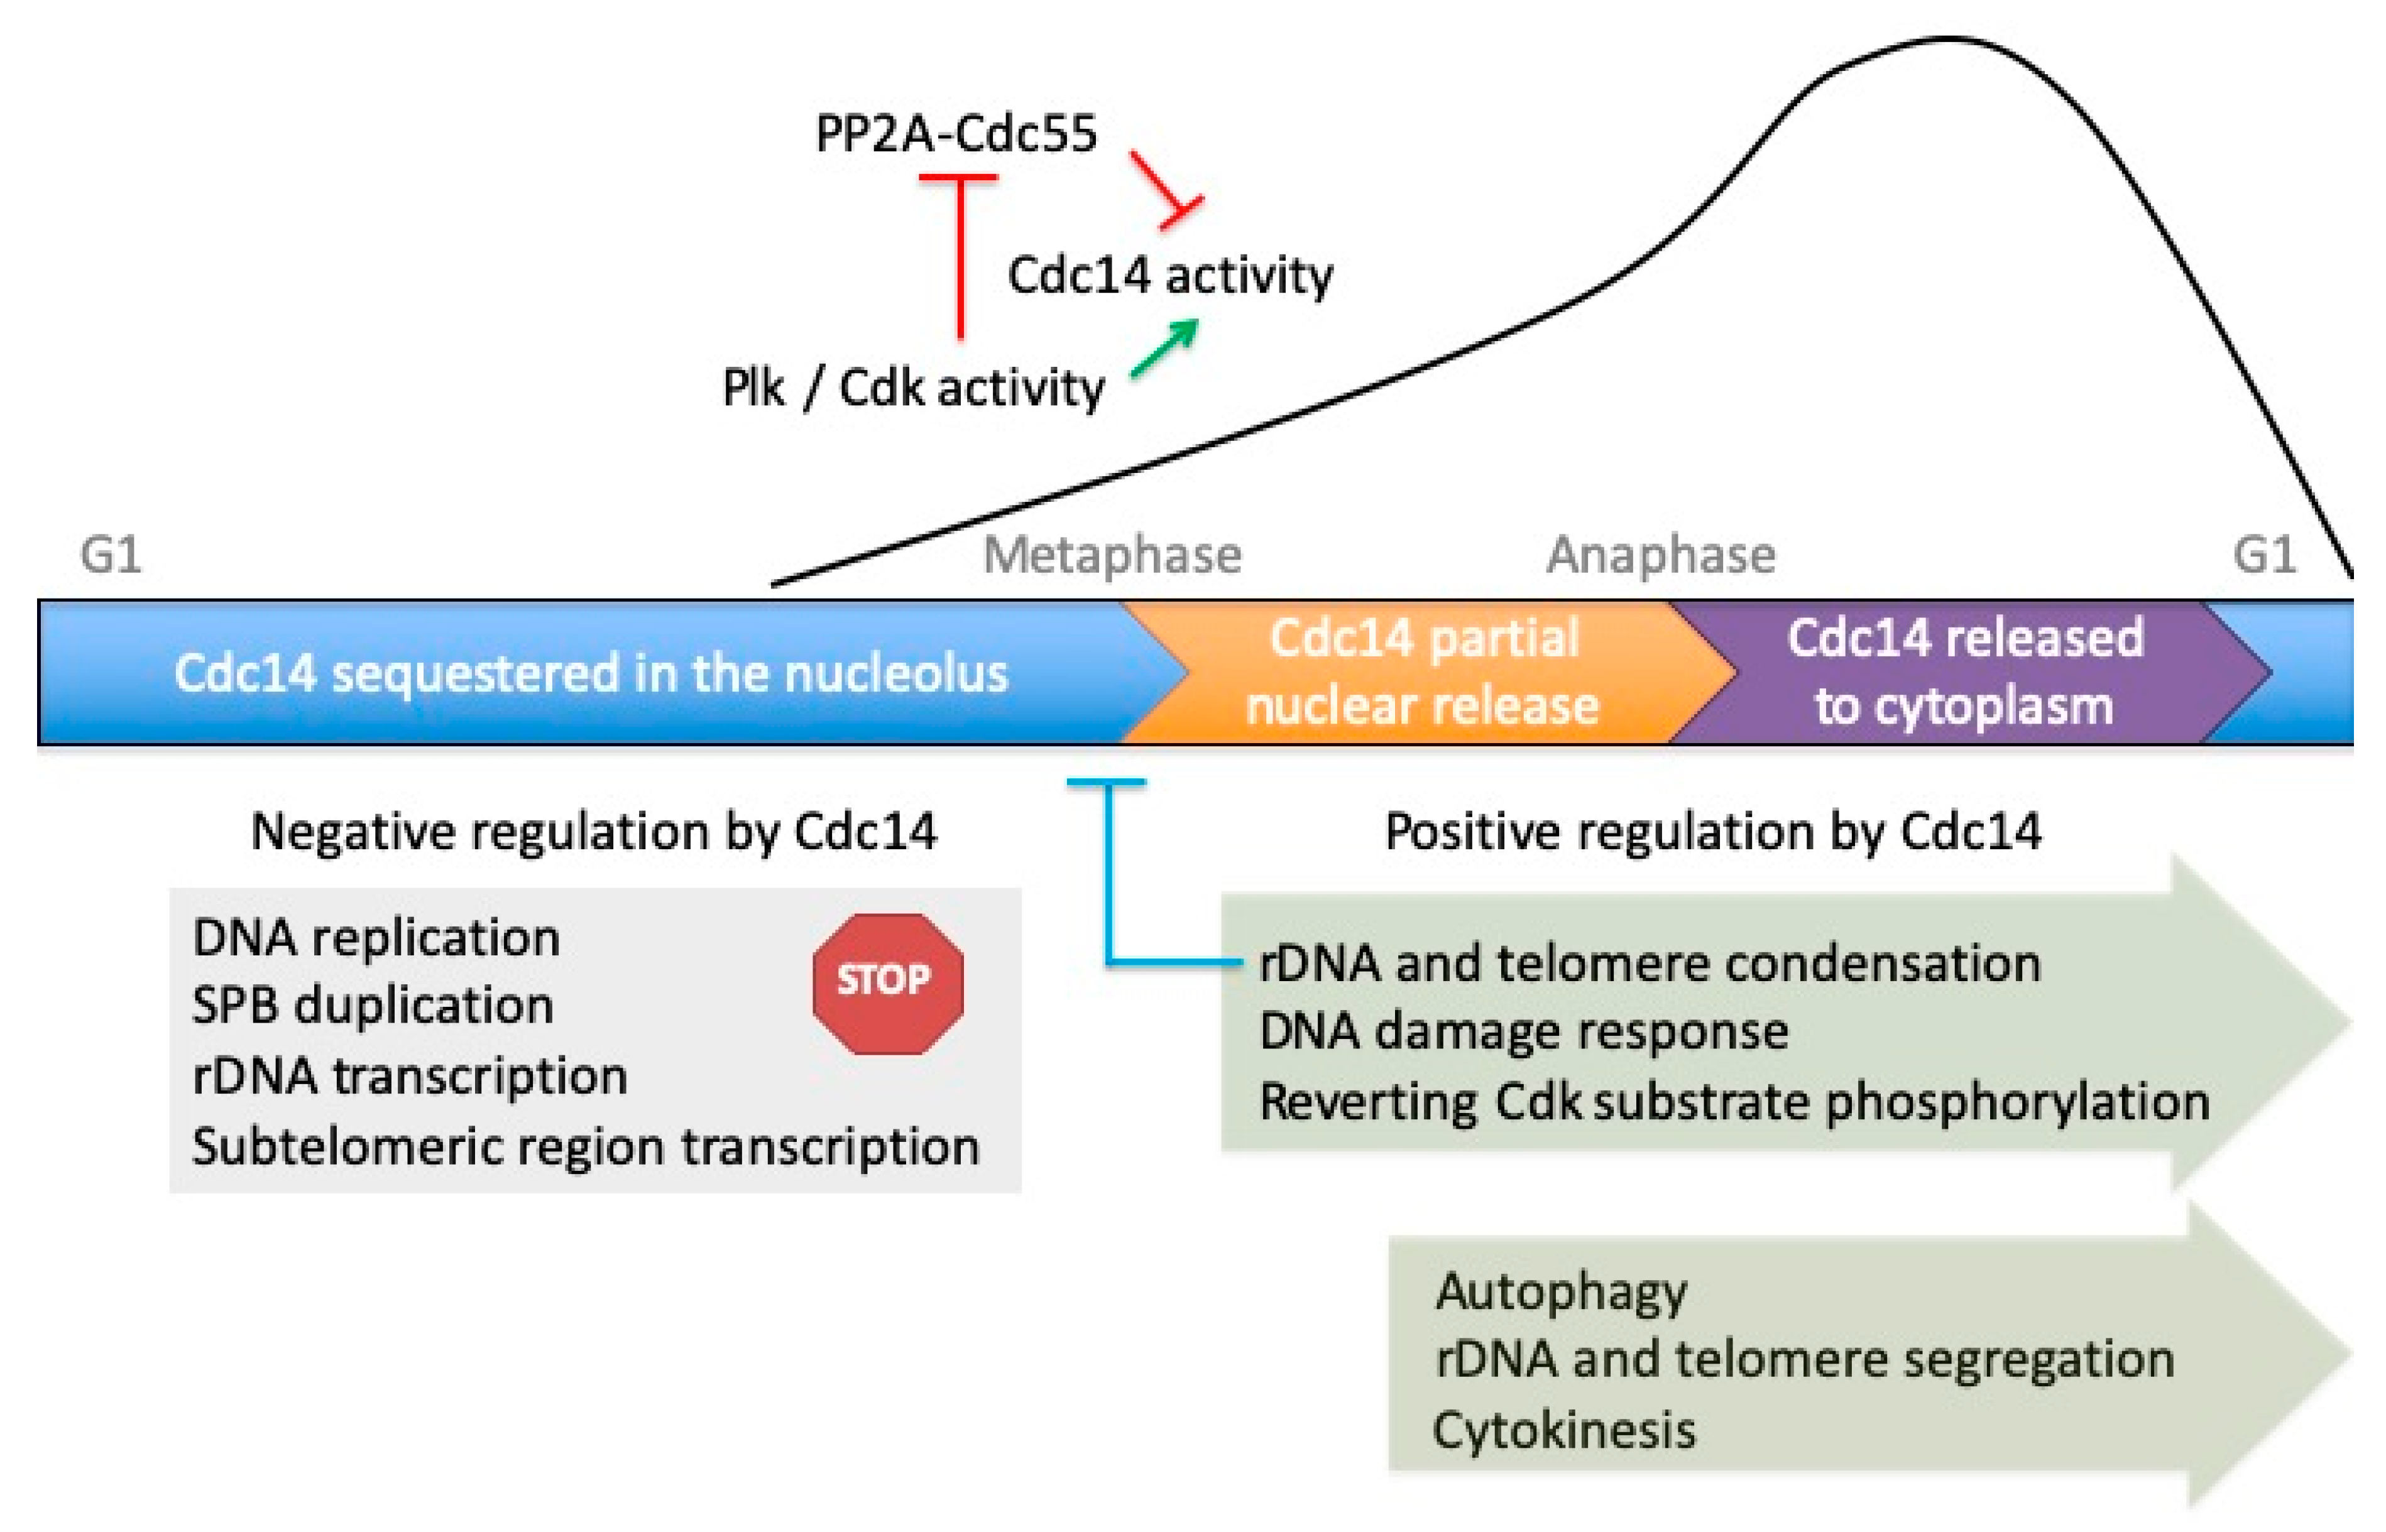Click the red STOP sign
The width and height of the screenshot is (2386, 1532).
click(887, 983)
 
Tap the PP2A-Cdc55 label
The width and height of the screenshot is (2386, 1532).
click(956, 133)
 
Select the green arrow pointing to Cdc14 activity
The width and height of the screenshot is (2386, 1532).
click(1165, 348)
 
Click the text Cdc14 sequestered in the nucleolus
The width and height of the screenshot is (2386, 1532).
click(591, 673)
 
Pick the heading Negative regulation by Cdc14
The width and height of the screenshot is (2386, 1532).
click(594, 832)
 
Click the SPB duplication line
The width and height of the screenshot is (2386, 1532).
click(373, 1006)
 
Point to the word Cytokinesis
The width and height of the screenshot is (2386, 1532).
click(1564, 1430)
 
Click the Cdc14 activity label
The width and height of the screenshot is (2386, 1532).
click(1170, 276)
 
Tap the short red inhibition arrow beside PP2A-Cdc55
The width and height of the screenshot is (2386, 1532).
click(1167, 189)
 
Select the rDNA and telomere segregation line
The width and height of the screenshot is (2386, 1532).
click(1805, 1360)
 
